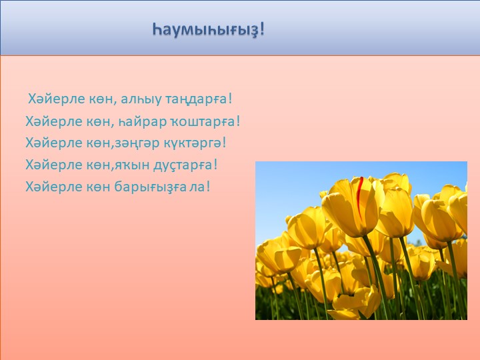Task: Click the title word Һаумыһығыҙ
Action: click(x=204, y=29)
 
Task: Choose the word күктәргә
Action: click(x=191, y=143)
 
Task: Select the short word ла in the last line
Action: click(x=197, y=185)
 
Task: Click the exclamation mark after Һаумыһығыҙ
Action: click(x=262, y=29)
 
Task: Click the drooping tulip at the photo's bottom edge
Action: click(x=353, y=303)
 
